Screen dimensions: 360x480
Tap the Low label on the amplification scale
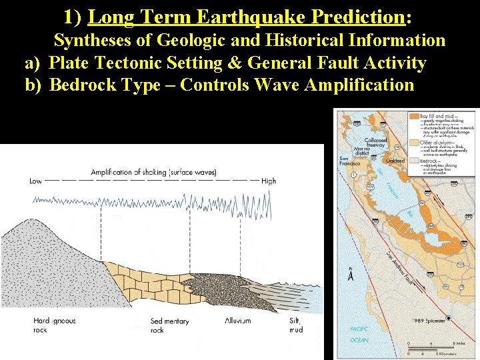pos(36,181)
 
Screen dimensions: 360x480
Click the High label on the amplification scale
pos(269,181)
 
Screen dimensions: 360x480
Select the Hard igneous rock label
pos(54,325)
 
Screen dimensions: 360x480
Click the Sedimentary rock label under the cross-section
pos(169,325)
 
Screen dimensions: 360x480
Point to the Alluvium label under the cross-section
pos(238,321)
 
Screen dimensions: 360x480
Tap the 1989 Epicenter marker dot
pos(448,319)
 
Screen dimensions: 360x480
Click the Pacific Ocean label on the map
pos(359,333)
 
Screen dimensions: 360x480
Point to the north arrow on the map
pos(351,273)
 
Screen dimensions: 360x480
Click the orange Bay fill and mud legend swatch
pos(415,116)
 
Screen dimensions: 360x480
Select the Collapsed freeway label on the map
pos(375,143)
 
